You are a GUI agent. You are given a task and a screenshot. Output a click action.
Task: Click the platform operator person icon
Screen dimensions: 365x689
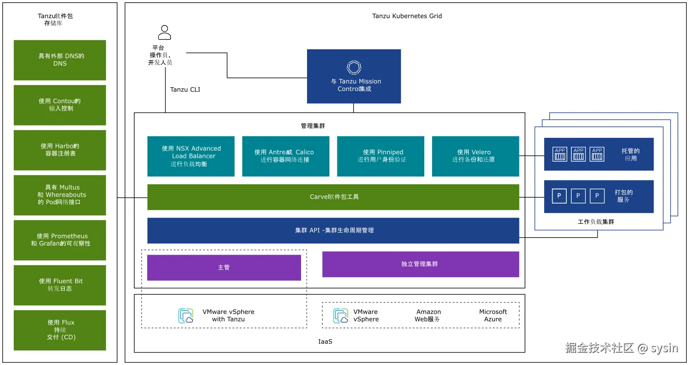click(164, 32)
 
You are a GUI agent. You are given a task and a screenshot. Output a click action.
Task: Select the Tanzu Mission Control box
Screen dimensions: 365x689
click(353, 76)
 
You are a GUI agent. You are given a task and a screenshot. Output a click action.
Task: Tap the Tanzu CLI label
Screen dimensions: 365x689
click(185, 90)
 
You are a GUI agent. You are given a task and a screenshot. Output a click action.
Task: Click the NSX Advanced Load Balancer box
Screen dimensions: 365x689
click(191, 156)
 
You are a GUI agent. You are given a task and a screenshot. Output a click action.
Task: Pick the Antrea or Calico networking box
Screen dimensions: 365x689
click(285, 156)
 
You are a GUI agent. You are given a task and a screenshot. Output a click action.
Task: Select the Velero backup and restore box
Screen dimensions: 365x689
click(475, 156)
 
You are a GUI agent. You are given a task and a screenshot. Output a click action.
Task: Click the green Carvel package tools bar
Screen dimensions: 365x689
click(333, 197)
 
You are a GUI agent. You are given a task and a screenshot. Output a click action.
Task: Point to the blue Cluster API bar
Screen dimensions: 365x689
click(333, 230)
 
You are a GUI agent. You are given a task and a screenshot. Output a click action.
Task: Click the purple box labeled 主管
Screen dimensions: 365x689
click(224, 268)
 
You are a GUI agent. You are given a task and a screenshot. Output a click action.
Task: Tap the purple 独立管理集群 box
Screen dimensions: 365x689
click(421, 264)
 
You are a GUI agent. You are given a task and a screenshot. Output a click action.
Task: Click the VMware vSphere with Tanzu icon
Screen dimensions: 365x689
click(186, 316)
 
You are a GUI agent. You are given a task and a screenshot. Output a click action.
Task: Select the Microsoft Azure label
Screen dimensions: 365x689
click(493, 315)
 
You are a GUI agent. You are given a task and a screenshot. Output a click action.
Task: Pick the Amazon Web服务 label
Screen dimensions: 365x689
click(428, 315)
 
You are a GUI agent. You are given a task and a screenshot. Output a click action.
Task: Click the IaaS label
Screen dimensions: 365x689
click(325, 342)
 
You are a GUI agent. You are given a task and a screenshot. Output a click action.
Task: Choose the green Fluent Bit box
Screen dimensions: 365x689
click(60, 285)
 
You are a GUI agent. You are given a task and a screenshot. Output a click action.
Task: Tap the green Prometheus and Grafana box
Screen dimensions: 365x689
click(60, 240)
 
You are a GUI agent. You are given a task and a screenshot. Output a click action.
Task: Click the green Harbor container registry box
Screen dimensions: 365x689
click(60, 150)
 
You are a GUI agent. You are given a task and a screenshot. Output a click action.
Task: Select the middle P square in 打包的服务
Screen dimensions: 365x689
click(578, 196)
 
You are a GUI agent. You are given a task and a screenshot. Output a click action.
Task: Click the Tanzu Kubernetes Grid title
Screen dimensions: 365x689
click(407, 16)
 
